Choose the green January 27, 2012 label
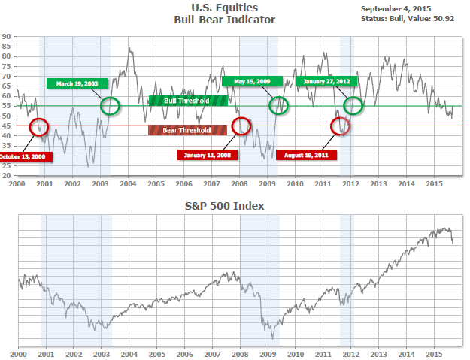click(x=326, y=81)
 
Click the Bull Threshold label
click(x=186, y=101)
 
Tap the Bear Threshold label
click(x=187, y=130)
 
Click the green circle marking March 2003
click(x=110, y=106)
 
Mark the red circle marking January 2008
click(x=241, y=126)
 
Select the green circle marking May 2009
click(x=278, y=106)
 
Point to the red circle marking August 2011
click(x=340, y=126)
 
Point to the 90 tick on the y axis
click(x=7, y=36)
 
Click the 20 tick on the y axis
click(x=7, y=176)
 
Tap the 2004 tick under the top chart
click(x=128, y=183)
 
